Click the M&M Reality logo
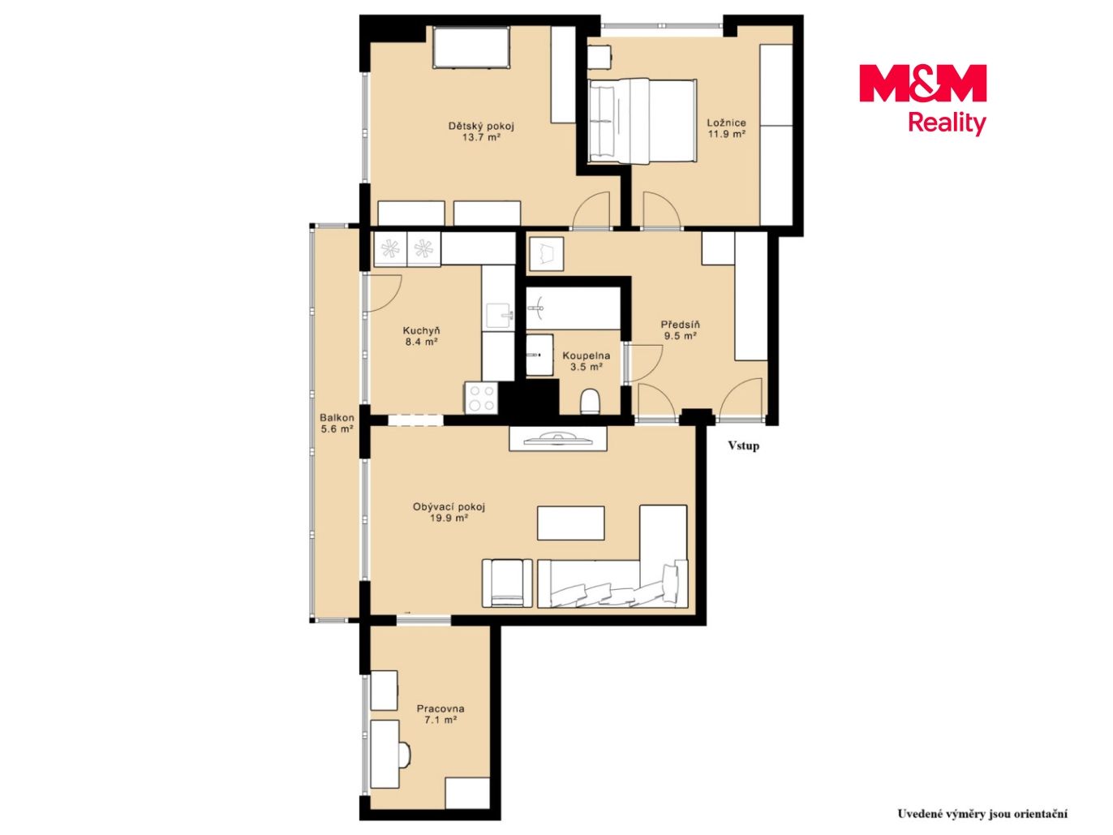[x=922, y=100]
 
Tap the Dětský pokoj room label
[x=481, y=131]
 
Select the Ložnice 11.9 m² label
[x=726, y=128]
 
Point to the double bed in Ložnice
[x=642, y=121]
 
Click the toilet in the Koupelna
[x=590, y=401]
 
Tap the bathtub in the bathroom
[x=574, y=308]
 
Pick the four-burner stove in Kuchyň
[x=481, y=398]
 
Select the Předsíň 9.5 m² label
[x=680, y=330]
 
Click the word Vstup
[x=743, y=445]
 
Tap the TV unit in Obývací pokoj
[x=558, y=438]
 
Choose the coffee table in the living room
[x=570, y=523]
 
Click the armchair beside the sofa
[x=507, y=583]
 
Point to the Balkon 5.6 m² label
[x=337, y=424]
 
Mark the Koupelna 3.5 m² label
[x=587, y=361]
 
